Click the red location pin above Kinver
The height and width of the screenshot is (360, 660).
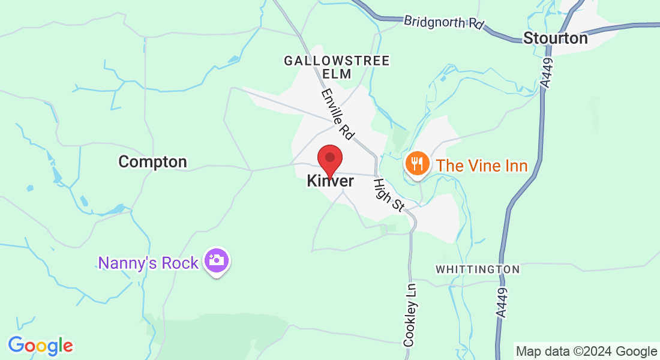click(329, 158)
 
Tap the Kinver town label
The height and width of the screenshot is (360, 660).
click(331, 181)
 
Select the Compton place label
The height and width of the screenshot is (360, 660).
click(152, 161)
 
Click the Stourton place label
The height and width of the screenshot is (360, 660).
click(555, 38)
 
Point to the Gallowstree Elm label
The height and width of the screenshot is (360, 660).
click(337, 67)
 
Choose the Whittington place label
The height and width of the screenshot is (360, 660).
click(478, 269)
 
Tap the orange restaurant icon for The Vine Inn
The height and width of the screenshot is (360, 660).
click(416, 163)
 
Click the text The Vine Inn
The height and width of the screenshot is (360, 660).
click(482, 166)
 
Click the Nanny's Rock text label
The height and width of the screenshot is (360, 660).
click(148, 263)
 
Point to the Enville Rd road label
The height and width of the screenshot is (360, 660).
click(337, 112)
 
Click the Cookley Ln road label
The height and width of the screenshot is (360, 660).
click(409, 314)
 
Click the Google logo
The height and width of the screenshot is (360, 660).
click(40, 346)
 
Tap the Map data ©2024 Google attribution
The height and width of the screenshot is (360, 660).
click(586, 352)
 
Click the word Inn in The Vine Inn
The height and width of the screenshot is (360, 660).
click(514, 166)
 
